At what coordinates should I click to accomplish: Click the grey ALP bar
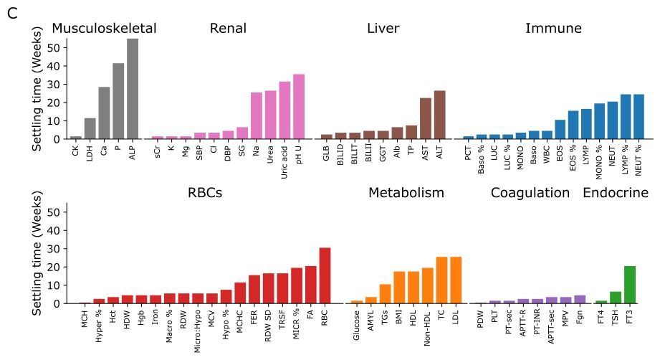(133, 89)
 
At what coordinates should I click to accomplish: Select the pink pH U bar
(298, 106)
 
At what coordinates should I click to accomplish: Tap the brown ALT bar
(439, 115)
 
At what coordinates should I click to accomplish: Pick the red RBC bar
(324, 275)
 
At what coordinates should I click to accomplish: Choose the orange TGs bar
(385, 294)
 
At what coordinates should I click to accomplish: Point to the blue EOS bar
(560, 129)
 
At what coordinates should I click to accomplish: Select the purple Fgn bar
(579, 299)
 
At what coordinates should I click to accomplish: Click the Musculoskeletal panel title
(104, 29)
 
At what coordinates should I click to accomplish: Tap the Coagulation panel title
(530, 193)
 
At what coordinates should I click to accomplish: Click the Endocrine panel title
(615, 193)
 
